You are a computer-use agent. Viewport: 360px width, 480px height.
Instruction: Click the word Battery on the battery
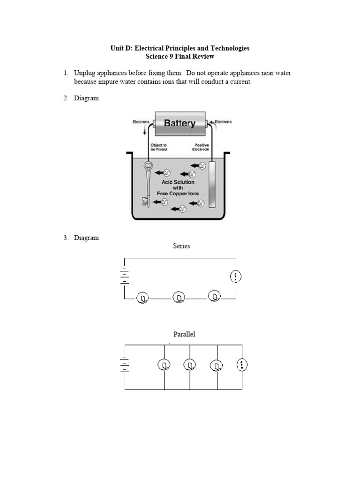tap(180, 123)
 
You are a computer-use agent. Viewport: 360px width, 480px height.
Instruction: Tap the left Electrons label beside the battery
tap(141, 122)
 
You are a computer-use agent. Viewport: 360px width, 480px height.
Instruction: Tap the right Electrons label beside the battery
tap(223, 122)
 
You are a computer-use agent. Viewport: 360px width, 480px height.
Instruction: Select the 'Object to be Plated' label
tap(159, 147)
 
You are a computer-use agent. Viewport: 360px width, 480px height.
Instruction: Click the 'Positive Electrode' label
tap(202, 147)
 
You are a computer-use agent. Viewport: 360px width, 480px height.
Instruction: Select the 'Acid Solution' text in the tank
tap(178, 182)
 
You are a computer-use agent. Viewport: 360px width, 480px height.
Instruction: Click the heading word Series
tap(181, 246)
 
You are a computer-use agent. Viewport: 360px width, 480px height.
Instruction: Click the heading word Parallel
tap(184, 334)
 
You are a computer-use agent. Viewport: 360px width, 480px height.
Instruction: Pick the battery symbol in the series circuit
tap(125, 277)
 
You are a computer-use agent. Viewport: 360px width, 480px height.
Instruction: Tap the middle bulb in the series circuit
tap(179, 297)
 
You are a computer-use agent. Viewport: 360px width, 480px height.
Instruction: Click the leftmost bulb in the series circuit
tap(143, 298)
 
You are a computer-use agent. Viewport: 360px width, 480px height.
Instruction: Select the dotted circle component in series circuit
tap(236, 277)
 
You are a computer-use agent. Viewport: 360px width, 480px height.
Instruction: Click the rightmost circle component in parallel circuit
tap(242, 365)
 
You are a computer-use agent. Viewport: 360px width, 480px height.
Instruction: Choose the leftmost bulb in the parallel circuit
tap(164, 365)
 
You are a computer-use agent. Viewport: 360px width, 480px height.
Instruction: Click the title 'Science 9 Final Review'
tap(180, 57)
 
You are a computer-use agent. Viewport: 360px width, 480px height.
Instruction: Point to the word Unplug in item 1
tap(85, 73)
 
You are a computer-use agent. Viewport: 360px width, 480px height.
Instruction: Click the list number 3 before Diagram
tap(66, 238)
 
